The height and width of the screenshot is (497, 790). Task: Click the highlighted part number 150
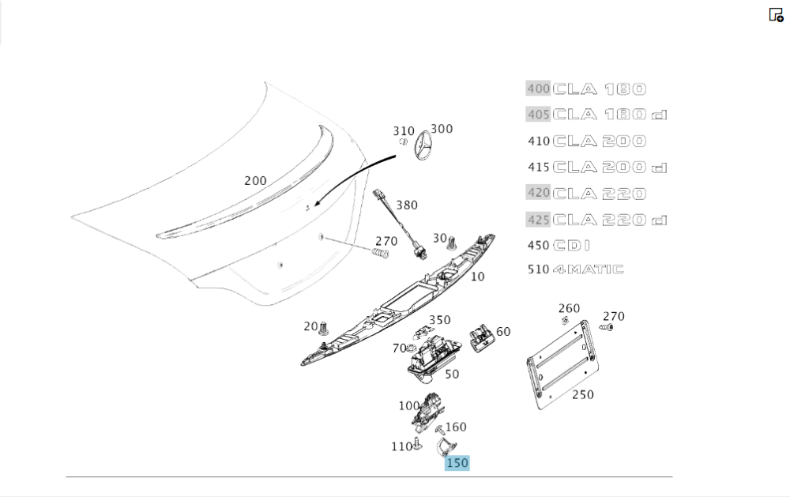(457, 463)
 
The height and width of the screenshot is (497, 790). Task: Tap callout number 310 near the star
(404, 131)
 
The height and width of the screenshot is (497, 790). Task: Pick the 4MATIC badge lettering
(588, 269)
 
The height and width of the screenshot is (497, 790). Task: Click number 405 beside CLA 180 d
(538, 115)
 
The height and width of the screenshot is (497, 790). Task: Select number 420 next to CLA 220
(538, 193)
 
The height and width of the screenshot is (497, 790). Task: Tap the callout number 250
(582, 394)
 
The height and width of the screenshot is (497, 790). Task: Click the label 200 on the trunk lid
(255, 180)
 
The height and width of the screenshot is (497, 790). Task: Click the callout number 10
(478, 277)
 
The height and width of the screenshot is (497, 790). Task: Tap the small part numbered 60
(480, 337)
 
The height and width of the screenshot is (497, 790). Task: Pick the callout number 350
(439, 320)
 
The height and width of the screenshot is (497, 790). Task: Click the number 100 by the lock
(408, 406)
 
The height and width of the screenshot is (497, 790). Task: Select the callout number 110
(401, 446)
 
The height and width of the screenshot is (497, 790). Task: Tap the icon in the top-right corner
(776, 14)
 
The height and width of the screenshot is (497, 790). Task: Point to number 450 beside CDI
(538, 245)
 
